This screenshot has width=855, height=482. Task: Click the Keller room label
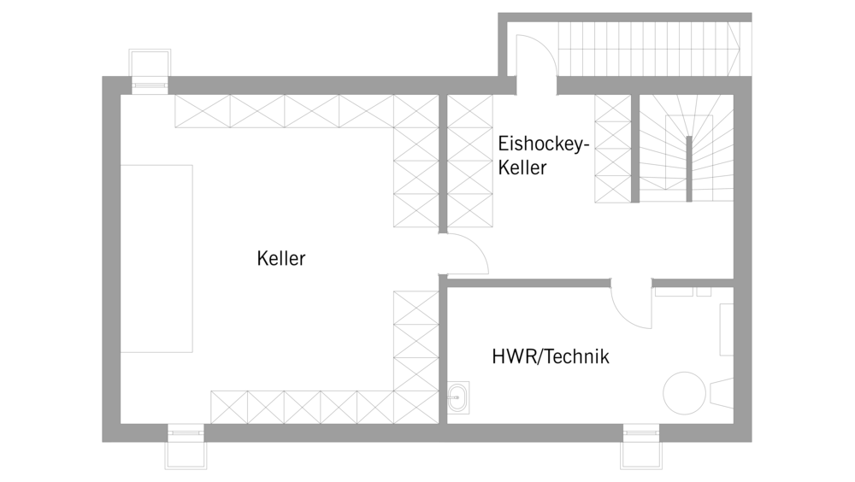pos(280,258)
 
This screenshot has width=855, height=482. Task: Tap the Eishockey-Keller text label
pos(544,156)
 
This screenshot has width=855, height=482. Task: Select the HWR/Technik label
pos(550,356)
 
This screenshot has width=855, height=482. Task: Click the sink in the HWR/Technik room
pos(458,397)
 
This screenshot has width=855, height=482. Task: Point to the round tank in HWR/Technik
pos(685,393)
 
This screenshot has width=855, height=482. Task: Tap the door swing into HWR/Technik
pos(632,304)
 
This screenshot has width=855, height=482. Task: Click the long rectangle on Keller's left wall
pos(156,258)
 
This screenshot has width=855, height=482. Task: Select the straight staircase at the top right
pos(648,48)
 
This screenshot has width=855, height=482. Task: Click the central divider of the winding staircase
pos(688,168)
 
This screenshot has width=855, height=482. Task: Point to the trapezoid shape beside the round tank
pos(721,393)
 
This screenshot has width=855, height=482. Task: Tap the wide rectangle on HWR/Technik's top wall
pos(675,291)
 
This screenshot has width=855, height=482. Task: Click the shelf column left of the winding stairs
pos(612,148)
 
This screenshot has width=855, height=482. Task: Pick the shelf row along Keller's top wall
pos(284,111)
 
